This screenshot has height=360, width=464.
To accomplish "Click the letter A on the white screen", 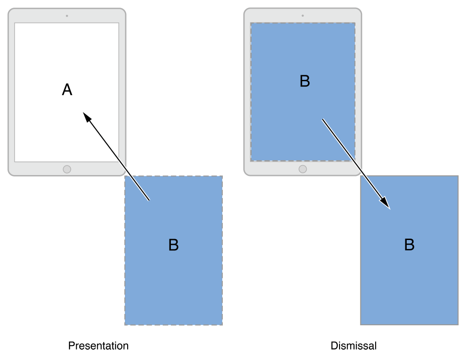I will (x=67, y=90).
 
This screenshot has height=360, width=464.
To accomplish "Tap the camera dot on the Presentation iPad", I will (x=67, y=16).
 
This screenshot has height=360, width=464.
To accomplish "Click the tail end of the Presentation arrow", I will (x=149, y=200).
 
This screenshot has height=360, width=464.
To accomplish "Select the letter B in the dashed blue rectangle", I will (x=174, y=245).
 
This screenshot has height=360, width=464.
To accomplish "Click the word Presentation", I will (x=98, y=346).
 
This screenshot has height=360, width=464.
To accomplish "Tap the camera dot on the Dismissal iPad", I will (x=303, y=16).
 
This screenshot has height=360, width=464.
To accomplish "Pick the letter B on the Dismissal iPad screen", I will (x=305, y=81).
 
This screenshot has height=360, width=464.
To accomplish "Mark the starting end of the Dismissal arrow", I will (x=322, y=120).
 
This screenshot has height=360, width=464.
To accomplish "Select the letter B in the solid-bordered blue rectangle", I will (x=409, y=245).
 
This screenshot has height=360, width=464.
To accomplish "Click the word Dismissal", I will (x=354, y=346).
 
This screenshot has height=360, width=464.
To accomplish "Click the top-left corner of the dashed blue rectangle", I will (x=125, y=176).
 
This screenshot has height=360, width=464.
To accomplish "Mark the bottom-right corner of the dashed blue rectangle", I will (x=222, y=325).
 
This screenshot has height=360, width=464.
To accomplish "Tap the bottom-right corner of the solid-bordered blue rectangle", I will (x=458, y=324).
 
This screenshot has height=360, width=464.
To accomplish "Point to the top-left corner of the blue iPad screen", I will (x=251, y=23).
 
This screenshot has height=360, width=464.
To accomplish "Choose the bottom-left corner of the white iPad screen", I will (x=15, y=161).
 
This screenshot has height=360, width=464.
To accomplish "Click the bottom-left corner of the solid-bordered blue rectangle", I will (x=361, y=324).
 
